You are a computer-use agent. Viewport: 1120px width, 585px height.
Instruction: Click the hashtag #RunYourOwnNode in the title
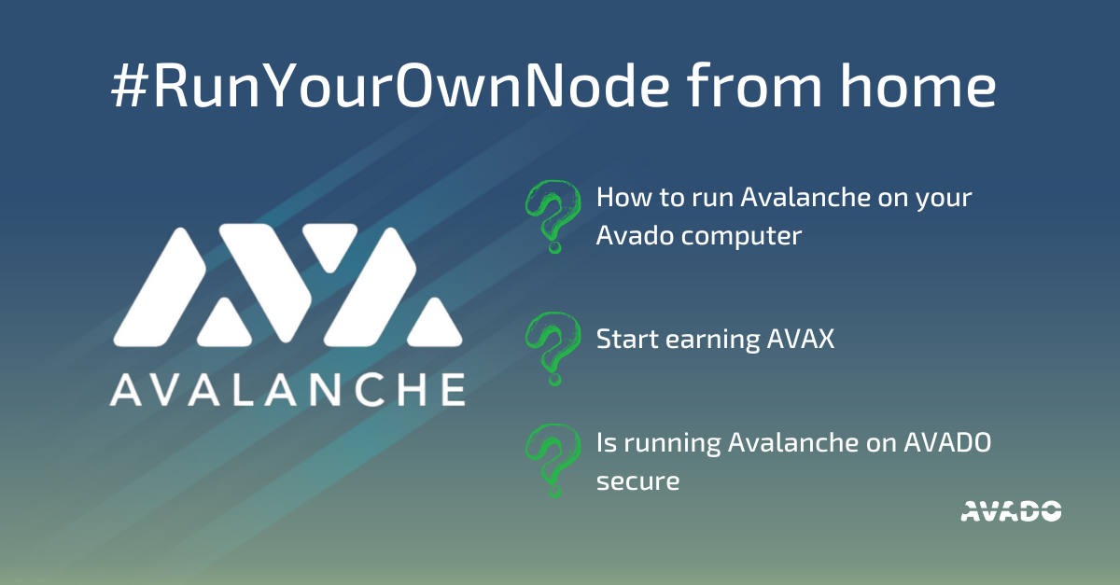[x=390, y=85]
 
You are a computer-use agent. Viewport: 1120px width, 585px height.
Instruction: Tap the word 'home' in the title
[x=918, y=85]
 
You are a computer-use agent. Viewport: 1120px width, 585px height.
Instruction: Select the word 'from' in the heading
[x=754, y=85]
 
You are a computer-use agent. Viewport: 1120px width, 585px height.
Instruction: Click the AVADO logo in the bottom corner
[x=1011, y=511]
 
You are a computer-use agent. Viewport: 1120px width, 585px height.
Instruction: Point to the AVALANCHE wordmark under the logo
[x=287, y=390]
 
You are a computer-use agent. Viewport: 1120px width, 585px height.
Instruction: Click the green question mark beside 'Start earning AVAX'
[x=553, y=349]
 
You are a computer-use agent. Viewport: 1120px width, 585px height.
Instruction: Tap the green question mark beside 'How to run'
[x=553, y=216]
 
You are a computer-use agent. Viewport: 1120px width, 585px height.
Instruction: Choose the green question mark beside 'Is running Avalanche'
[x=553, y=461]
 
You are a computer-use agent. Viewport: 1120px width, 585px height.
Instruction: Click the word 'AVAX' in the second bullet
[x=801, y=339]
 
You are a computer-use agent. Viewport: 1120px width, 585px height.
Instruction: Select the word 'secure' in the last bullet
[x=638, y=481]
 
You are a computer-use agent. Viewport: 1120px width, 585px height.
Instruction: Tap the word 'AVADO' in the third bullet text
[x=947, y=442]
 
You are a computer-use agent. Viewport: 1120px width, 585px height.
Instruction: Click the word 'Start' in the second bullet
[x=627, y=339]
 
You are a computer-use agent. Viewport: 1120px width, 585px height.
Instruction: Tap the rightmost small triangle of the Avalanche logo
[x=435, y=323]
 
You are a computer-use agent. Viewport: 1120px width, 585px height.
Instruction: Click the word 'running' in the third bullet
[x=672, y=444]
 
